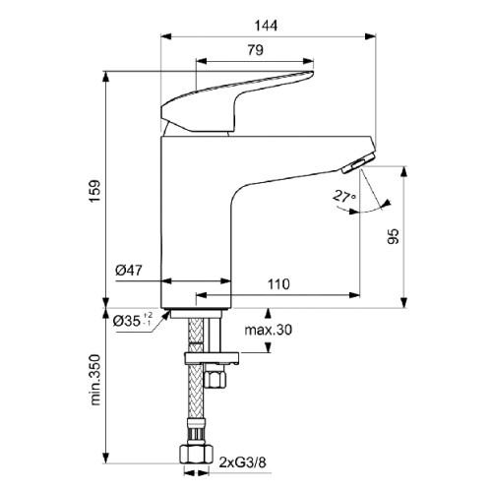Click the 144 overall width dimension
point(266,26)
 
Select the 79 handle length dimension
point(255,50)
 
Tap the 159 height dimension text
point(94,191)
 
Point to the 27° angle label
point(344,196)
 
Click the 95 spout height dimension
point(394,236)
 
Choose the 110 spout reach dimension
point(278,284)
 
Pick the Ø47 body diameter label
point(129,271)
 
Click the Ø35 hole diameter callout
point(133,321)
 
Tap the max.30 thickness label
point(268,330)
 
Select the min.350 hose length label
point(94,380)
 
